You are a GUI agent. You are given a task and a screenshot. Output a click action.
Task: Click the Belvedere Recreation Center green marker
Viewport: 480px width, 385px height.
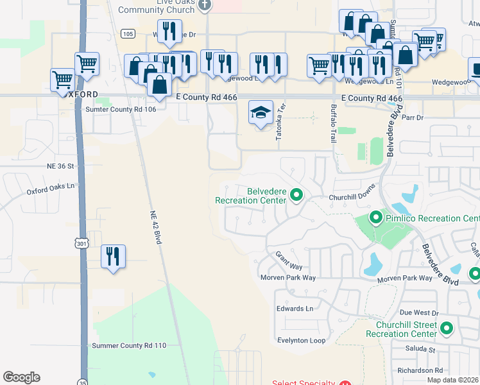[296, 194]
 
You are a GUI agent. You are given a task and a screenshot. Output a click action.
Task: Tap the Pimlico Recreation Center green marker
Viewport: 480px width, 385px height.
[376, 219]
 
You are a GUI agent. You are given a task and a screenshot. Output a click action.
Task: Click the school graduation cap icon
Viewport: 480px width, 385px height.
[261, 113]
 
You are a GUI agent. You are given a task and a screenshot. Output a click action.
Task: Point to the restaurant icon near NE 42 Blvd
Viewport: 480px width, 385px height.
[114, 257]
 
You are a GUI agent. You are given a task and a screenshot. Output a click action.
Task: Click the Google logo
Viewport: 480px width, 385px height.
[21, 377]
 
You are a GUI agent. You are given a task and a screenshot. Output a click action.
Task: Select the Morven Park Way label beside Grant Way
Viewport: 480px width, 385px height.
[288, 278]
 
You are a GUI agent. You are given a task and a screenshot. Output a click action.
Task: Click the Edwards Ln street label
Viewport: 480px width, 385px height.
[295, 309]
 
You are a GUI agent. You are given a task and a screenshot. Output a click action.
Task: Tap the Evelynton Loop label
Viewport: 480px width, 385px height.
[301, 341]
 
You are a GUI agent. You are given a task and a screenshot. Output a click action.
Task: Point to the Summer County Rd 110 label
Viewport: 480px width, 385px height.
[129, 345]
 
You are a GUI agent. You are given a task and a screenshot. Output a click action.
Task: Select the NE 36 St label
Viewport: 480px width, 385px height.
[61, 166]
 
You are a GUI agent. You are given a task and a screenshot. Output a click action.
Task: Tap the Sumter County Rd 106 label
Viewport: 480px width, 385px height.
[121, 110]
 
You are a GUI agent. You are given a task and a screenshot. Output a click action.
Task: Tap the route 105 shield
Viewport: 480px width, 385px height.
[127, 33]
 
